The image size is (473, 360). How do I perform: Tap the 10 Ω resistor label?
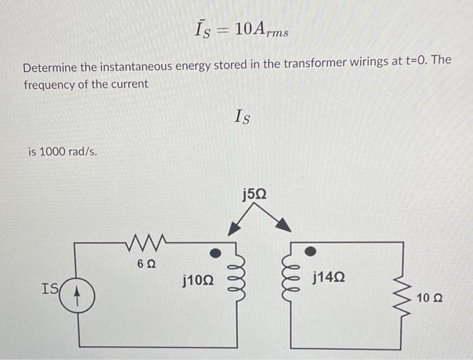[430, 299]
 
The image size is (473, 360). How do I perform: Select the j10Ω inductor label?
[198, 278]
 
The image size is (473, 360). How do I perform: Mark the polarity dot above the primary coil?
[214, 253]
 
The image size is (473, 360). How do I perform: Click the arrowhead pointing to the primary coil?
[233, 229]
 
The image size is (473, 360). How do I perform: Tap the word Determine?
[52, 69]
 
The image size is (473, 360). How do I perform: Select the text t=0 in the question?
[418, 61]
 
